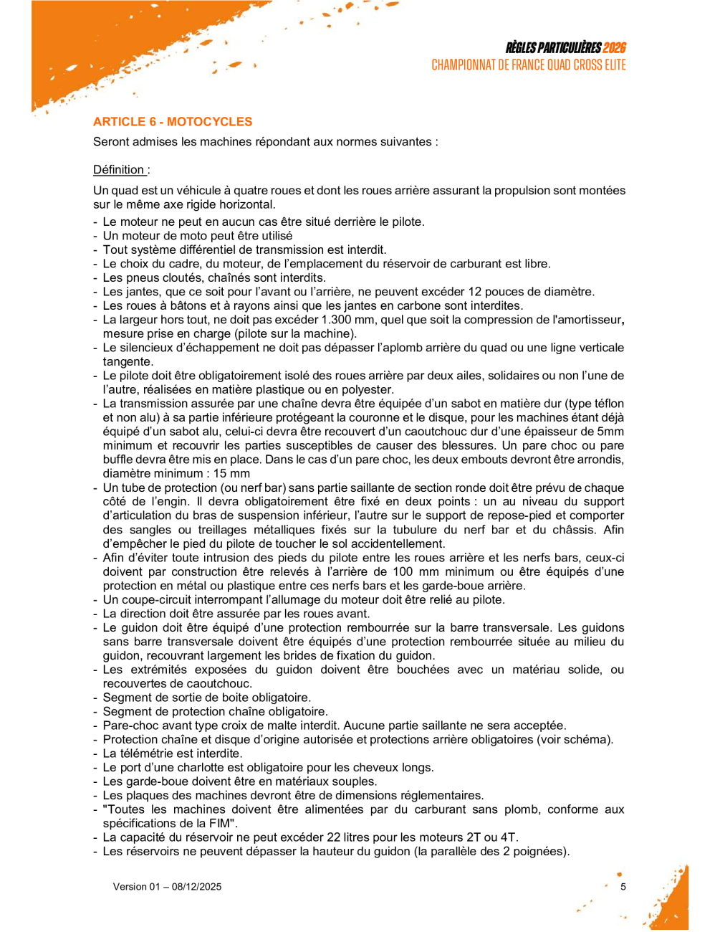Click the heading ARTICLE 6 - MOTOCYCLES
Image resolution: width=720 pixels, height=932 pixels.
pyautogui.click(x=173, y=122)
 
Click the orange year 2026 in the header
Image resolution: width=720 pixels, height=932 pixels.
pyautogui.click(x=614, y=48)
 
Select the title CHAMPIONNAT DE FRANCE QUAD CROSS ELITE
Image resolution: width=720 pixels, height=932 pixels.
pyautogui.click(x=529, y=65)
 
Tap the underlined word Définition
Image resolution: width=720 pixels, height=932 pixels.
pyautogui.click(x=119, y=170)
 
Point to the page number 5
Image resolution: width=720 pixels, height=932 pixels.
pyautogui.click(x=623, y=887)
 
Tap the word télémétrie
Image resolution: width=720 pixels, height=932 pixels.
pyautogui.click(x=152, y=753)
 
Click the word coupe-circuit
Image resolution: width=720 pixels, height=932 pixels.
pyautogui.click(x=153, y=599)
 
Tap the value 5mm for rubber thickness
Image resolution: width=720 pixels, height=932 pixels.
pyautogui.click(x=609, y=432)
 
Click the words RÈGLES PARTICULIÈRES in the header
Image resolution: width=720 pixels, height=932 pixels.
pyautogui.click(x=553, y=48)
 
